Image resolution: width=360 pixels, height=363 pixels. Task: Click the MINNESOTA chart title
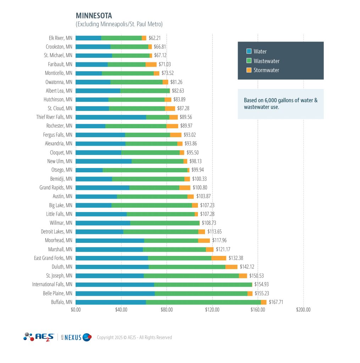point(94,16)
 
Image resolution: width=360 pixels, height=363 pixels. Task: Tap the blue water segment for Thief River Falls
point(111,117)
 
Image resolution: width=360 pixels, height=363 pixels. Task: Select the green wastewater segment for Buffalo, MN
point(203,302)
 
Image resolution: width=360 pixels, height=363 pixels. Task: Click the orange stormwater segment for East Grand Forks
point(218,258)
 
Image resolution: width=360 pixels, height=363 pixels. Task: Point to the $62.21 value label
point(155,38)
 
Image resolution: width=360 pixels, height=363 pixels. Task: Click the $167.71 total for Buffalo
point(276,302)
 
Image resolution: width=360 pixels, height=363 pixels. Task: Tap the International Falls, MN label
point(52,284)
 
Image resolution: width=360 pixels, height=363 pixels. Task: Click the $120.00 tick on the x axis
point(212,309)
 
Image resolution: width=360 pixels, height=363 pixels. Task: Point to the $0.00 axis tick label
point(76,309)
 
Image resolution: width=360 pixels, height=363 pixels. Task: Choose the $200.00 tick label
point(303,309)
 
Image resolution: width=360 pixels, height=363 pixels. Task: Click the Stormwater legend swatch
point(249,70)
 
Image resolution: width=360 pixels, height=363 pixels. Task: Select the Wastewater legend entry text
point(266,61)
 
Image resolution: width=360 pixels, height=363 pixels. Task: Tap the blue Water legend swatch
point(249,51)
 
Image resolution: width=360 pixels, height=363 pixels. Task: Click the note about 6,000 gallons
point(280,104)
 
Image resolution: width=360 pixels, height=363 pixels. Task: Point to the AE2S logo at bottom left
point(39,337)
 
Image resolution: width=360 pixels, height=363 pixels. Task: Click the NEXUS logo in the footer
point(76,337)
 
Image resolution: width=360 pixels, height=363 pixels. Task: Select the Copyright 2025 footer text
point(134,337)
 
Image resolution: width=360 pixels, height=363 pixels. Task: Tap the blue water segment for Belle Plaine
point(115,293)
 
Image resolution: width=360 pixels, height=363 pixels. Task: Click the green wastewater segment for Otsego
point(145,170)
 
